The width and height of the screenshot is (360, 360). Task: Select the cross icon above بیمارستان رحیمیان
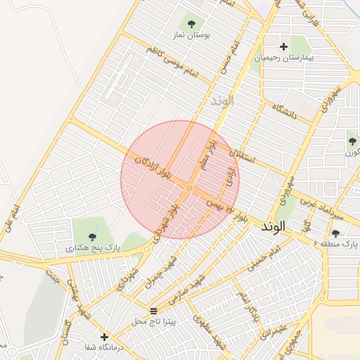[283, 47]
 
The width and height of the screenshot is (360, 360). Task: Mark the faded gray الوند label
[220, 101]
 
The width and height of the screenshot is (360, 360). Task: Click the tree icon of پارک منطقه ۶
[335, 233]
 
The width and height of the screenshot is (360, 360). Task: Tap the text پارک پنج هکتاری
[93, 248]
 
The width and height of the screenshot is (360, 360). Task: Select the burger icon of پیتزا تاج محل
[154, 311]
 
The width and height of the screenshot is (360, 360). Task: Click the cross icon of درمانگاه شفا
[105, 337]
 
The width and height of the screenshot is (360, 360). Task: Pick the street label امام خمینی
[268, 258]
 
